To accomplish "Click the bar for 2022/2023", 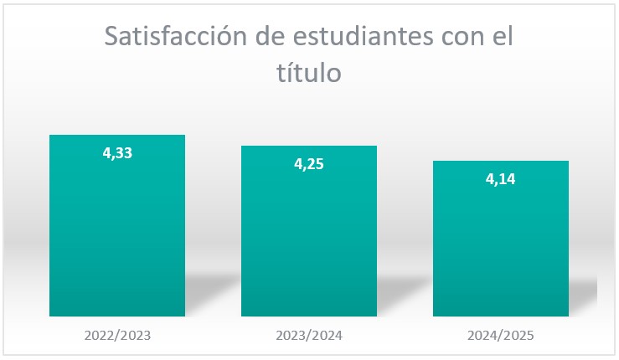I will [x=117, y=234].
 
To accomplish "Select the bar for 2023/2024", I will [x=309, y=243].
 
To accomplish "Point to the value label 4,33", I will [x=117, y=153].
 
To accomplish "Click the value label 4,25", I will [x=309, y=164].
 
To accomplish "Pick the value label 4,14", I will [x=501, y=178].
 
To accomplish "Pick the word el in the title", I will [x=502, y=38].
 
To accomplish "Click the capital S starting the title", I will [x=110, y=38].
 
